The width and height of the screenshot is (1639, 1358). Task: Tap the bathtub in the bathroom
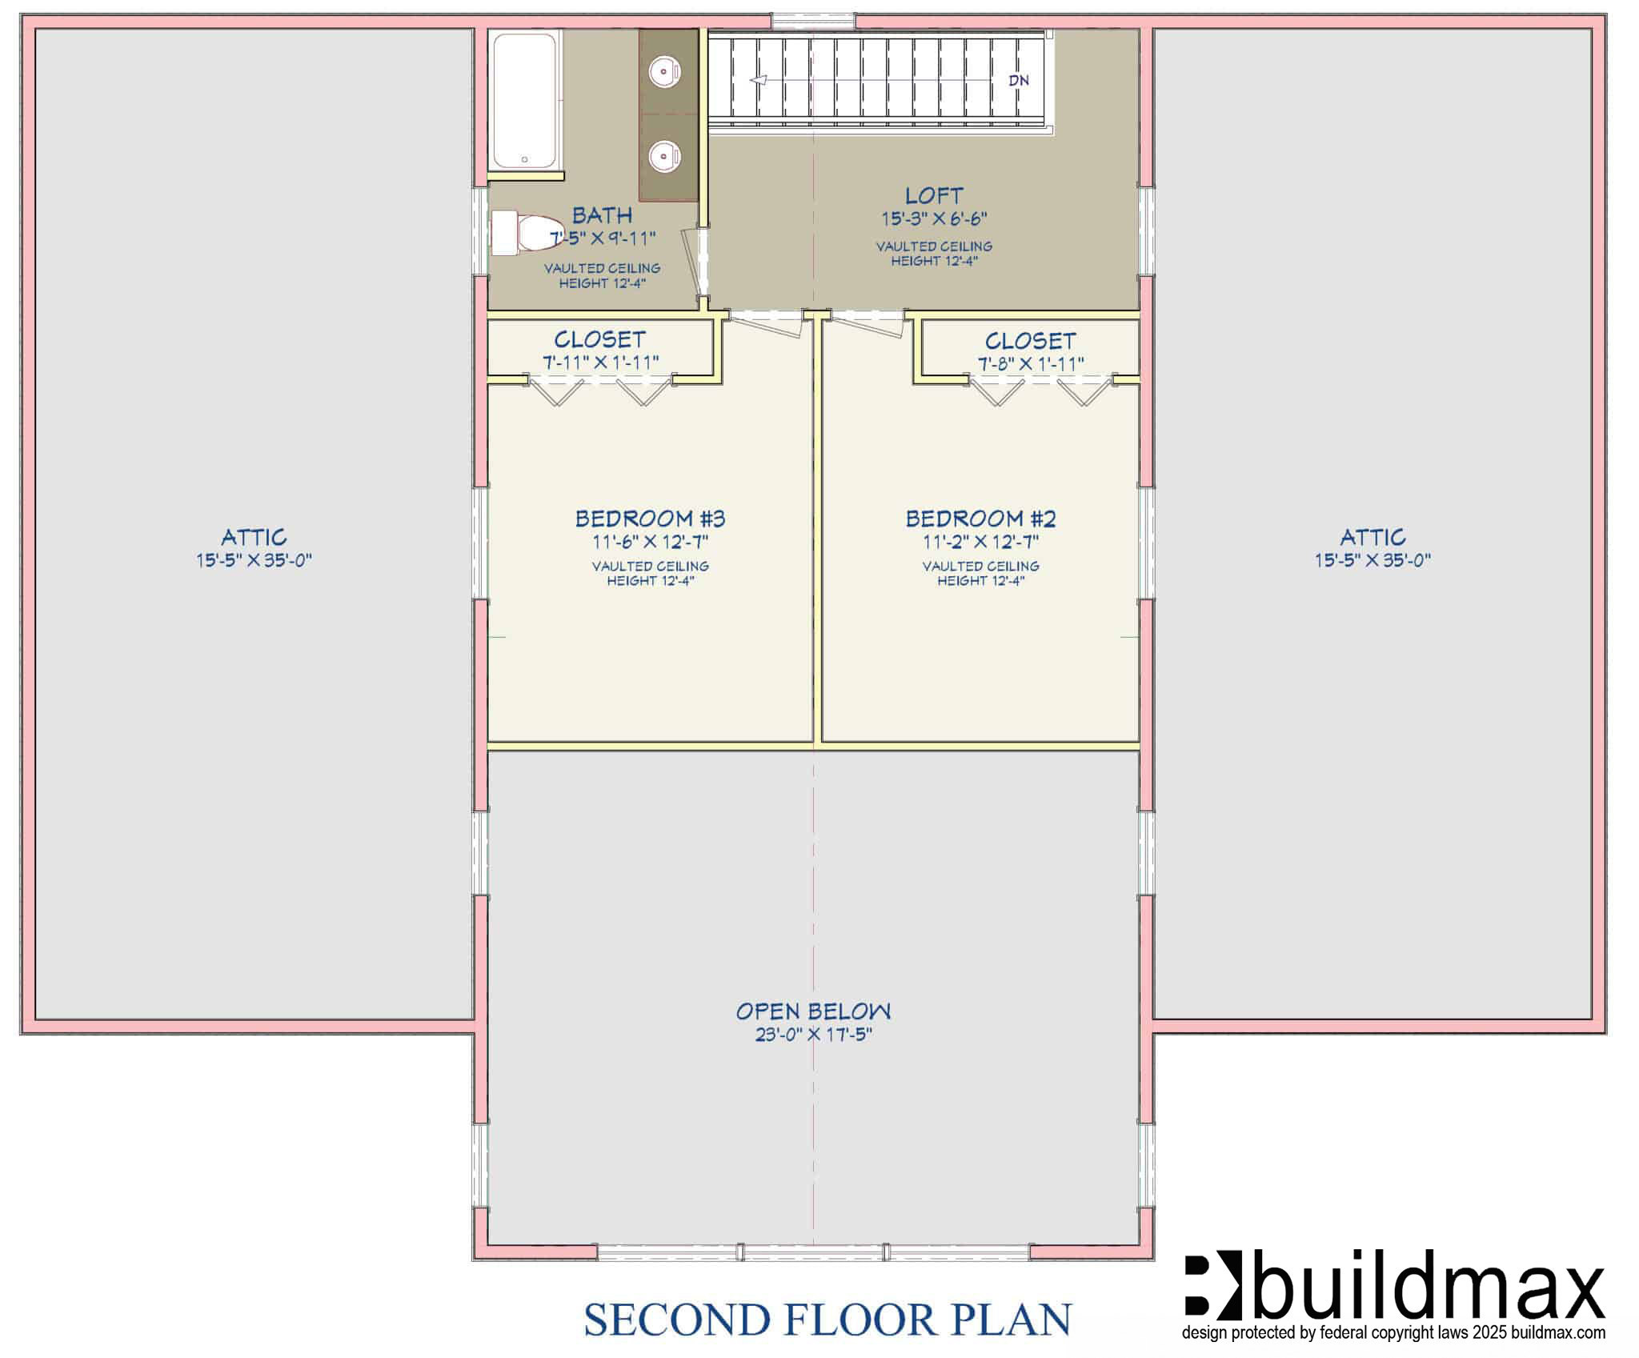[524, 100]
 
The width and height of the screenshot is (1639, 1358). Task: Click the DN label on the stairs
[1019, 80]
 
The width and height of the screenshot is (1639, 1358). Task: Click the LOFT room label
[934, 195]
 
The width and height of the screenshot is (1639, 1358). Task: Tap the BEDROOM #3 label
[650, 519]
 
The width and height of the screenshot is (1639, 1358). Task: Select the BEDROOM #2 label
[980, 519]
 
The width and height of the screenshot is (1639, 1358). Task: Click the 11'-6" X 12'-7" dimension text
[650, 542]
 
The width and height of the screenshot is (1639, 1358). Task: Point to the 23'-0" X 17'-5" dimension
[813, 1035]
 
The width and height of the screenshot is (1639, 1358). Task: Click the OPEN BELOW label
[813, 1011]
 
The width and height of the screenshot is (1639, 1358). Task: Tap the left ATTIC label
[254, 537]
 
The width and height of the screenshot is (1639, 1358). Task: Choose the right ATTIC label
[1373, 537]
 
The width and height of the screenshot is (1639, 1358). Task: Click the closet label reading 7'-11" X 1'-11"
[601, 363]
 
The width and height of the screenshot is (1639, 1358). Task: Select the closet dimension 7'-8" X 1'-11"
[1031, 363]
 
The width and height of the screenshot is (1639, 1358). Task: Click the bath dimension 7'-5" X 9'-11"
[602, 238]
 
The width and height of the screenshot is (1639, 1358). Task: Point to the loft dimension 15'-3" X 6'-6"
[934, 218]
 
